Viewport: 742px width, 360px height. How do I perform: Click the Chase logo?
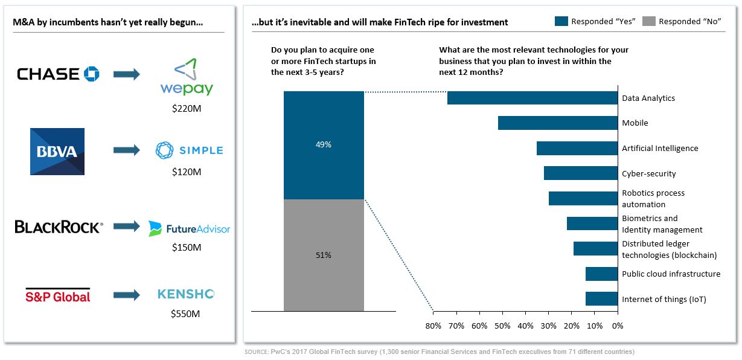tap(58, 74)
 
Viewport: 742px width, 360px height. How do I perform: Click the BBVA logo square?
tap(57, 151)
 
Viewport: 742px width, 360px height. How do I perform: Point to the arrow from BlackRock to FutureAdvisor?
tap(126, 227)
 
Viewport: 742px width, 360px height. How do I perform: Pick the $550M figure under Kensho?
tap(186, 313)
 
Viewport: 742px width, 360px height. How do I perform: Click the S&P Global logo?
tap(57, 295)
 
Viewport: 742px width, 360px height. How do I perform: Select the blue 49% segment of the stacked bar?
tap(324, 145)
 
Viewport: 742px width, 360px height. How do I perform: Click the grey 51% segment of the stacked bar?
tap(324, 255)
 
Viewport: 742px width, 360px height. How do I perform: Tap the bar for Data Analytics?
tap(533, 98)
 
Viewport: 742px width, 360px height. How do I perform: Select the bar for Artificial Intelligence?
tap(577, 149)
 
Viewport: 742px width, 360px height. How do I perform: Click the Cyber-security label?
tap(649, 174)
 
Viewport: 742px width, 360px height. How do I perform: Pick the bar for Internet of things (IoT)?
tap(601, 299)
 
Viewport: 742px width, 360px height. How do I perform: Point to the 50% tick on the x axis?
tap(502, 326)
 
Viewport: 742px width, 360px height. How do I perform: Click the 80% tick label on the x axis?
tap(433, 326)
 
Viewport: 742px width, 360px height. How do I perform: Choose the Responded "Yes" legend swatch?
tap(561, 21)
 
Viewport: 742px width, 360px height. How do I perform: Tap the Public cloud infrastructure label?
tap(671, 274)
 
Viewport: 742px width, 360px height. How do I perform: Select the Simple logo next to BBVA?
tap(189, 150)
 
